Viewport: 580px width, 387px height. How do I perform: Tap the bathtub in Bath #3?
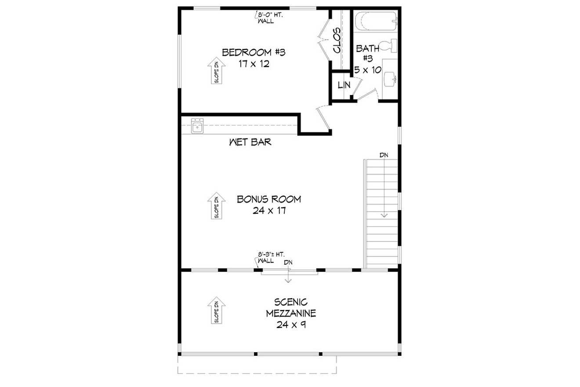376,21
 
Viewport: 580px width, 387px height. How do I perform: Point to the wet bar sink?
196,128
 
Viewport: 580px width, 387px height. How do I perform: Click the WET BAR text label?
250,142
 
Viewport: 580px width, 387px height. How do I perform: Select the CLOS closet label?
337,40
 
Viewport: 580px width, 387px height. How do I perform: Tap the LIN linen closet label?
343,85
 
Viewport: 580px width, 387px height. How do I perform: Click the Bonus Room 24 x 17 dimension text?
269,210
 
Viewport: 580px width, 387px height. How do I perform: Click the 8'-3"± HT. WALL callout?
271,257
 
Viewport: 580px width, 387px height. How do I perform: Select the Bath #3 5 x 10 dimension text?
368,69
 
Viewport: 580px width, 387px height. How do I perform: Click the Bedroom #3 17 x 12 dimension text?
254,64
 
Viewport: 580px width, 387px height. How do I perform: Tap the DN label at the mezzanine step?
288,263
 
